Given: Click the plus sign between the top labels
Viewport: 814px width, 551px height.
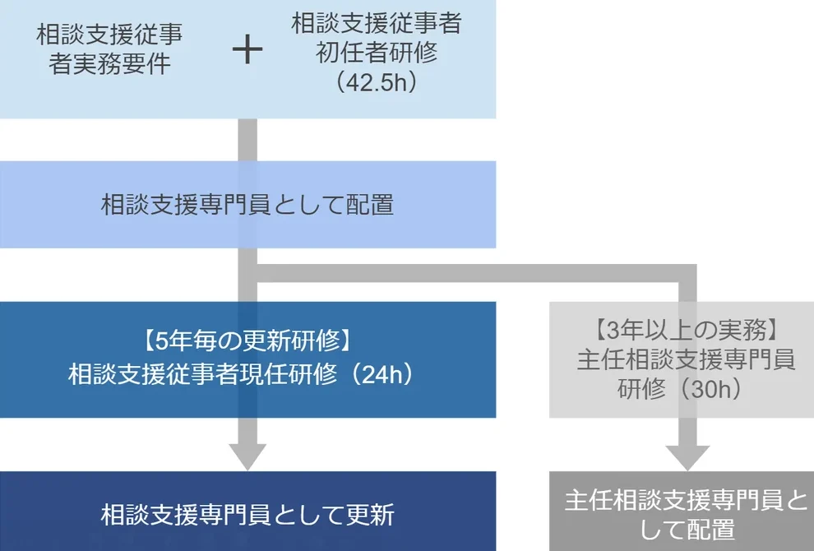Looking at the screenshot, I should tap(247, 50).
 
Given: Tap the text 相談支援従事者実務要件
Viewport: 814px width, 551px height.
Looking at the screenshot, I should tap(109, 50).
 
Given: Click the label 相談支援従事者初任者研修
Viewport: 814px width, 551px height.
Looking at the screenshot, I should tap(377, 38).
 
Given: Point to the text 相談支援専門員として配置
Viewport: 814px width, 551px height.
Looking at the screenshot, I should tap(247, 205).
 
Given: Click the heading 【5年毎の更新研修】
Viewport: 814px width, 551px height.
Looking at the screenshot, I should tap(247, 339).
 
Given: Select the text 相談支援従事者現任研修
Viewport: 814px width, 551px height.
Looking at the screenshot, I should tap(202, 374).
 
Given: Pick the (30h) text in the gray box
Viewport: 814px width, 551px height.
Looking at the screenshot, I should tap(714, 389).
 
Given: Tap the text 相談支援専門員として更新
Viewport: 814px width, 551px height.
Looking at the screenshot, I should tap(247, 515).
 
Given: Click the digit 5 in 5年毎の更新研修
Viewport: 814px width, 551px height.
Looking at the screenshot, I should tap(162, 339).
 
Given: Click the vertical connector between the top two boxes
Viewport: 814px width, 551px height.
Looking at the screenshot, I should tap(247, 140).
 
